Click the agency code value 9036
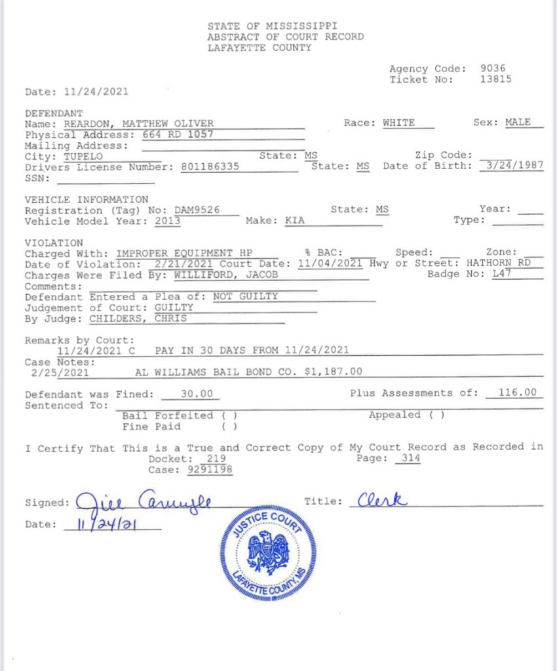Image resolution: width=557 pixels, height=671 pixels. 493,68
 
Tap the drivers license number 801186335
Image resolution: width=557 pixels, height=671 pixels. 209,166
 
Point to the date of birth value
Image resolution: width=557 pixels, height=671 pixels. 513,166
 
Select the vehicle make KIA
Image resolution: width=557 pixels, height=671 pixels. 295,221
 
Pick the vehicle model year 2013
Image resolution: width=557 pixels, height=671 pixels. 168,221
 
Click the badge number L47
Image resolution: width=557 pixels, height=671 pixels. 501,274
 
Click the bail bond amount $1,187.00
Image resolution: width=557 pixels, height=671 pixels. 334,372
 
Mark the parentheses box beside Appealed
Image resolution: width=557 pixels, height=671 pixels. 437,415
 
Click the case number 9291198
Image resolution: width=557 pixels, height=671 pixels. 210,470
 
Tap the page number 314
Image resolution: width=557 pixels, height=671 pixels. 408,459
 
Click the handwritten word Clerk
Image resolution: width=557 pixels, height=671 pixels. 383,501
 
